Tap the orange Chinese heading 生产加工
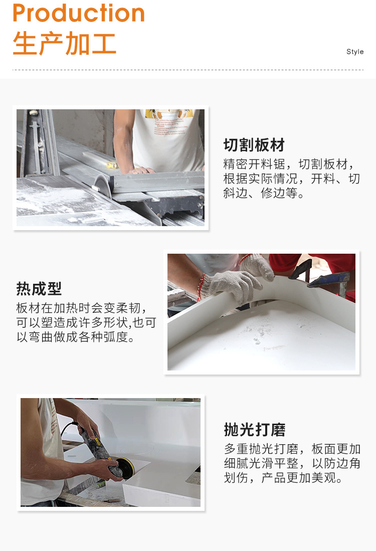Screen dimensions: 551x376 (65, 44)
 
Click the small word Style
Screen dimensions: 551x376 (355, 52)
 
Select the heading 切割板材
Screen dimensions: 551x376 (254, 145)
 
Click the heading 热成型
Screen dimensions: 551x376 (39, 289)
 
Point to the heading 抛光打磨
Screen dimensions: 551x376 (254, 430)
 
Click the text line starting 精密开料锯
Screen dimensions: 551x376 (291, 164)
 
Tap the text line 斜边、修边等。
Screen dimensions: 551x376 (264, 194)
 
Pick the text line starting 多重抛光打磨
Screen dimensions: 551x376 (292, 449)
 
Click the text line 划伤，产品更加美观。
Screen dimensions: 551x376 (283, 478)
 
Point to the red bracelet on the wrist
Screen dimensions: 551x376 (202, 287)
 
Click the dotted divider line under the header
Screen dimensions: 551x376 (188, 70)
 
